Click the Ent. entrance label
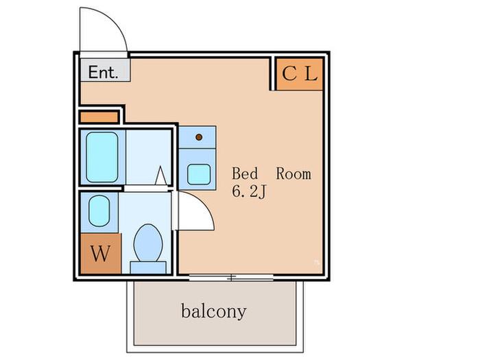coord(103,73)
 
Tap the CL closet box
coord(300,74)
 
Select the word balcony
coord(214,311)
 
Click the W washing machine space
coord(101,254)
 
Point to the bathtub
coord(102,157)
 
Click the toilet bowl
coord(148,243)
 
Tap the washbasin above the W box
coord(99,211)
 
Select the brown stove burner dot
coord(199,137)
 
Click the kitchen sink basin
coord(199,174)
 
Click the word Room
coord(293,174)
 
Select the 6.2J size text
coord(249,192)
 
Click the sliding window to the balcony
coord(231,278)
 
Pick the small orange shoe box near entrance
coord(99,117)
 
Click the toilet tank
coord(148,267)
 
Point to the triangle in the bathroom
coord(160,176)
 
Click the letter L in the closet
coord(311,74)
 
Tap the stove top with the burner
coord(197,137)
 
